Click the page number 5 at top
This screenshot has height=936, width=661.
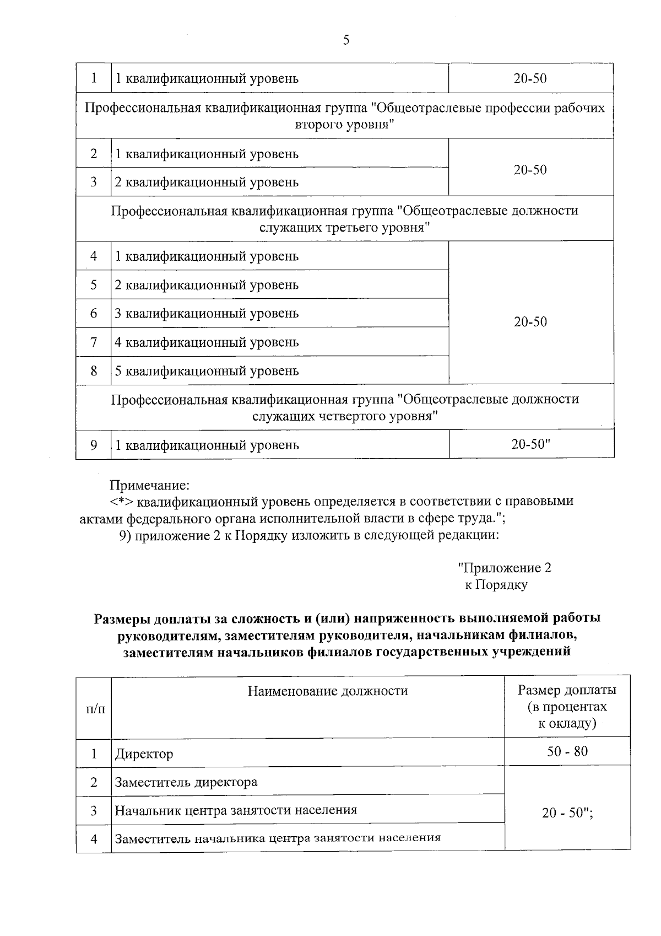coord(346,40)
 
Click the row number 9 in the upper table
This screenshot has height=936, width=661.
coord(94,444)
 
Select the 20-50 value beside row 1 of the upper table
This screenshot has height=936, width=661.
coord(530,78)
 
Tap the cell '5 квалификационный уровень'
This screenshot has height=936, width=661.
coord(207,370)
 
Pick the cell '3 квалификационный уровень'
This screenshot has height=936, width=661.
coord(207,313)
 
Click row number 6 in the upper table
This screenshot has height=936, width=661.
coord(94,313)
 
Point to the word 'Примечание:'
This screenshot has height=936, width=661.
coord(150,485)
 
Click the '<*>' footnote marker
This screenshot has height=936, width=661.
coord(122,502)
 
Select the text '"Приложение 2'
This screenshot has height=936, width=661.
coord(505,568)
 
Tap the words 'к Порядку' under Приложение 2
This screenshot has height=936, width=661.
coord(496,585)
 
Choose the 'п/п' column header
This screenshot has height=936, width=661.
coord(94,708)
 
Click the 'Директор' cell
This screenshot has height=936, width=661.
coord(144,754)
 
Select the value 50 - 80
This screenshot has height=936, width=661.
coord(567,751)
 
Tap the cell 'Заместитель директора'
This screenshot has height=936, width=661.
coord(186,782)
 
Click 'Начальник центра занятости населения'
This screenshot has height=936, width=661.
coord(236,810)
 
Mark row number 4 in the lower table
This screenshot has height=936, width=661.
coord(94,838)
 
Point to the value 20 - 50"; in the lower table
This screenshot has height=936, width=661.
coord(567,813)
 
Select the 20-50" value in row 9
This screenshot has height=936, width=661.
coord(531,444)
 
